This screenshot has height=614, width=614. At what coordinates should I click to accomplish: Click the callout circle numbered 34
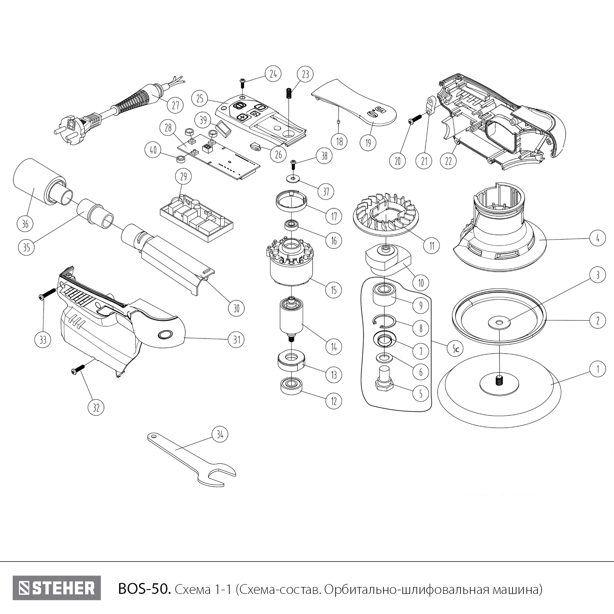220,435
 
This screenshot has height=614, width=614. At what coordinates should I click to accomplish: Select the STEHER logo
56,588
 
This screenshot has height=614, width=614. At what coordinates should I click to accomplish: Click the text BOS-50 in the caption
142,589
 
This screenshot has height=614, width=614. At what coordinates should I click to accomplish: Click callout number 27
175,105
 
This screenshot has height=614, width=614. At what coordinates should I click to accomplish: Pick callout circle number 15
334,290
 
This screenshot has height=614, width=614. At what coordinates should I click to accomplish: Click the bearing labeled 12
291,386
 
